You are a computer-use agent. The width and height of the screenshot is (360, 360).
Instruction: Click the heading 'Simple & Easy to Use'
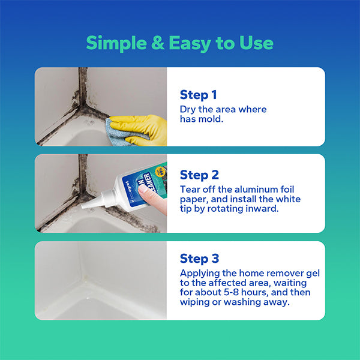tap(179, 43)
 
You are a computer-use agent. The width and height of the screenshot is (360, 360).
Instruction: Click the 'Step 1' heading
tap(198, 95)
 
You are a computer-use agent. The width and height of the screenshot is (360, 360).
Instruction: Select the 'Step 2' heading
tap(199, 175)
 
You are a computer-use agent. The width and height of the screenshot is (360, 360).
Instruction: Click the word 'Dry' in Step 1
tap(188, 109)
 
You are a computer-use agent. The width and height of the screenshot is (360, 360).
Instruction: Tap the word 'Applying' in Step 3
tap(200, 273)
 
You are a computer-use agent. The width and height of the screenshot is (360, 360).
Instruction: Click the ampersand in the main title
tap(156, 43)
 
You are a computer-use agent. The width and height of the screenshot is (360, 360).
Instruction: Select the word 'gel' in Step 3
tap(312, 273)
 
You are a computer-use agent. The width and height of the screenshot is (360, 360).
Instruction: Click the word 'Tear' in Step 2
tap(190, 189)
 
